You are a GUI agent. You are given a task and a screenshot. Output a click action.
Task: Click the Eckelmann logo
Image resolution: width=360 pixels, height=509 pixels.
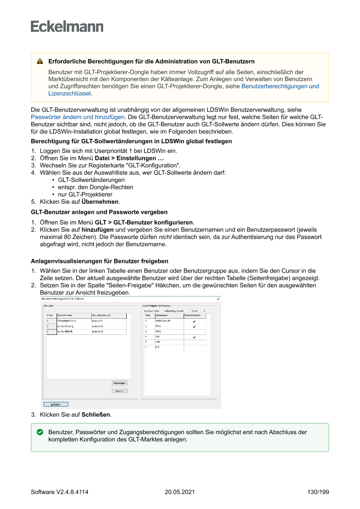(x=67, y=27)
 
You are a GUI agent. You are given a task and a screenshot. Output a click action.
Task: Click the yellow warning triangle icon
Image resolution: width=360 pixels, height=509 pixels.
(x=40, y=62)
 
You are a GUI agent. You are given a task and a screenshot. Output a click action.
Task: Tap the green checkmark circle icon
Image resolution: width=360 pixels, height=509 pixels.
(x=40, y=432)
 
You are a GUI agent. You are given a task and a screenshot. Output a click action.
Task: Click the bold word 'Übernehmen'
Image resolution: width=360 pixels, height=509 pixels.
(x=100, y=202)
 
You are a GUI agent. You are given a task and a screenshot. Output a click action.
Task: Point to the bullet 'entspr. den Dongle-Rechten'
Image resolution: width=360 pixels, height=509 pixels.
(x=95, y=187)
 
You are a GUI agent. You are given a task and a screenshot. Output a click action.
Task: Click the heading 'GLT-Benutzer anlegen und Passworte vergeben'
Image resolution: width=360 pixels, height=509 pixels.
(x=99, y=212)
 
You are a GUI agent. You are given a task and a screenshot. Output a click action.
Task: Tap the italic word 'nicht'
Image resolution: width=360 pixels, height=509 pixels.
(x=165, y=237)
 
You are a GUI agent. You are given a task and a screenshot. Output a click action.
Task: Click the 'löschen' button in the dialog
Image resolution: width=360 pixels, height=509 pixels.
(x=119, y=391)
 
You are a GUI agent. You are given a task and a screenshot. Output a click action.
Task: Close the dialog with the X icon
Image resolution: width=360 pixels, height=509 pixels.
(x=218, y=299)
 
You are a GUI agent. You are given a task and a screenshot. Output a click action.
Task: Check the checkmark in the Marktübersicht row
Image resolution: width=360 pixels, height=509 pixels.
(x=194, y=321)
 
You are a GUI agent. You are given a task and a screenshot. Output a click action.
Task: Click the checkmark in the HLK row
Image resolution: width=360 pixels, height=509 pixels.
(x=194, y=337)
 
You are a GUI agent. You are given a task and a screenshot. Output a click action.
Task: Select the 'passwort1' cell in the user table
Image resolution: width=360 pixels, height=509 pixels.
(x=98, y=321)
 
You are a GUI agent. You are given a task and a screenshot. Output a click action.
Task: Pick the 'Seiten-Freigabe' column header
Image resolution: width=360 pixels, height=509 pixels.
(x=192, y=315)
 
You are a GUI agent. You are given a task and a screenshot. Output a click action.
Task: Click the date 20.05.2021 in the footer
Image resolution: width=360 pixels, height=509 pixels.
(x=180, y=492)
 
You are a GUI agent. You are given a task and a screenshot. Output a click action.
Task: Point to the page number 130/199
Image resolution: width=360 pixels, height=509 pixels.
(x=318, y=492)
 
